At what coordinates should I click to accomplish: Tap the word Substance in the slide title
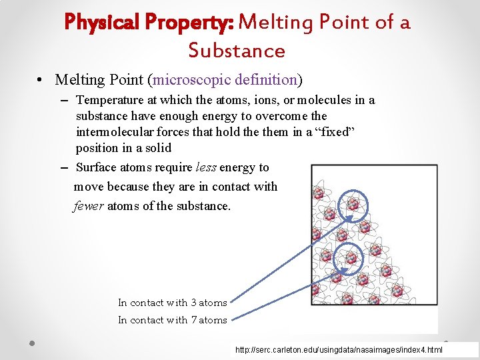[x=237, y=51]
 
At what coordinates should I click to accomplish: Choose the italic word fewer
[x=87, y=206]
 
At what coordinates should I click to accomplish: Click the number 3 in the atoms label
[x=193, y=303]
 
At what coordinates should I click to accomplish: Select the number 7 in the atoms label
[x=193, y=320]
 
